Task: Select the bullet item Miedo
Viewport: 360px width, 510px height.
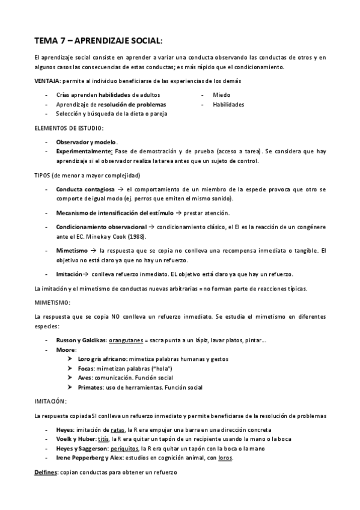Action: pyautogui.click(x=221, y=95)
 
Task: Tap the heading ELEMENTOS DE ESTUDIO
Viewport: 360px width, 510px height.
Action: pyautogui.click(x=69, y=128)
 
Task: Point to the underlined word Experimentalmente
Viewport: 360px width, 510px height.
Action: pyautogui.click(x=84, y=152)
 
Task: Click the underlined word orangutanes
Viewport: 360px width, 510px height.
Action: pyautogui.click(x=128, y=340)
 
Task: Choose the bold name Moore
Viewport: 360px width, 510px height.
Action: pyautogui.click(x=66, y=349)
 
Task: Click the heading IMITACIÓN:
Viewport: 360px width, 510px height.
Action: pyautogui.click(x=50, y=401)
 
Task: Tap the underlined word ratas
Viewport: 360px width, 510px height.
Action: pyautogui.click(x=118, y=430)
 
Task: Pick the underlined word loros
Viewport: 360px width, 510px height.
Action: pyautogui.click(x=225, y=458)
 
